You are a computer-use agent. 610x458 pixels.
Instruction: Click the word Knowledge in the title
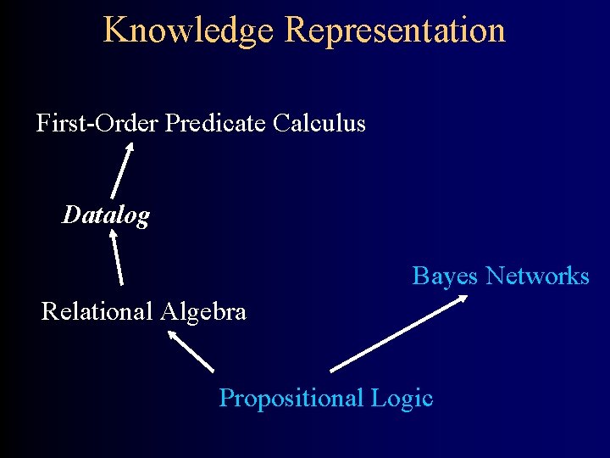(x=189, y=31)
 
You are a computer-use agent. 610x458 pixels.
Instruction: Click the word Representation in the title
(x=395, y=31)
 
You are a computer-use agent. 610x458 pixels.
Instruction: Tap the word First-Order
(x=97, y=124)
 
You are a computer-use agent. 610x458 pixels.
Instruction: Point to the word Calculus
(x=319, y=124)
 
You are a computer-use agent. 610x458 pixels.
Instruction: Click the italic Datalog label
(x=106, y=215)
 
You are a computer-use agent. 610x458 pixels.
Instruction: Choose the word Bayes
(x=446, y=276)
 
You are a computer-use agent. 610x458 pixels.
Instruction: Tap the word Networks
(x=538, y=276)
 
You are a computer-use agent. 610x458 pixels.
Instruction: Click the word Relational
(x=97, y=311)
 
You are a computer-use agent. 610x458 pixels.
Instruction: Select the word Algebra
(x=204, y=311)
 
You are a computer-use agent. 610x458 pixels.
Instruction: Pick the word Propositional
(x=292, y=398)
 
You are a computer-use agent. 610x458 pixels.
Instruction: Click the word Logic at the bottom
(x=402, y=398)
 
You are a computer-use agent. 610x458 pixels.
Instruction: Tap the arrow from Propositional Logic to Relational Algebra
(x=191, y=350)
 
